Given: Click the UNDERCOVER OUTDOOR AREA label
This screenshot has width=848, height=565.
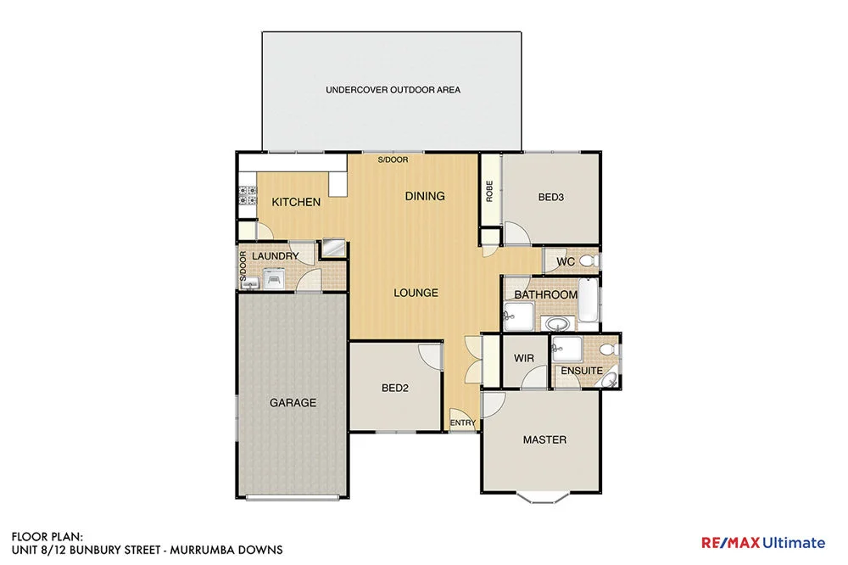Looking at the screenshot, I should click(393, 89).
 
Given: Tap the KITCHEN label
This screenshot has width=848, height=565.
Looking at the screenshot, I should click(296, 202).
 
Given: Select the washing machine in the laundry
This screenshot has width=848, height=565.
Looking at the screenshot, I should click(274, 278).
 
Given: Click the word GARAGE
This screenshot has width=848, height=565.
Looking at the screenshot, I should click(293, 403).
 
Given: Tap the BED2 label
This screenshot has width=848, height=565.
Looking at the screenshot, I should click(395, 389).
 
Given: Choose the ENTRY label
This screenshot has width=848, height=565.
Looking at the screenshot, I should click(462, 422).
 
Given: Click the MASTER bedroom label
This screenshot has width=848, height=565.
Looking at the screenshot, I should click(544, 439).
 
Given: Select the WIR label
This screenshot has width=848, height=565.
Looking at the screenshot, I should click(524, 358).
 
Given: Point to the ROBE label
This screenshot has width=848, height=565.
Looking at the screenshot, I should click(489, 191).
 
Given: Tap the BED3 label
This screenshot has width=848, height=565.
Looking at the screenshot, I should click(550, 197).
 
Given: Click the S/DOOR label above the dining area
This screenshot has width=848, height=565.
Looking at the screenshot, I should click(393, 160).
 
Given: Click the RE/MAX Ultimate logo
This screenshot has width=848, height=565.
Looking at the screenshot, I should click(762, 543).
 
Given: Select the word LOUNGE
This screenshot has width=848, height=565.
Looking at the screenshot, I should click(416, 293).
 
